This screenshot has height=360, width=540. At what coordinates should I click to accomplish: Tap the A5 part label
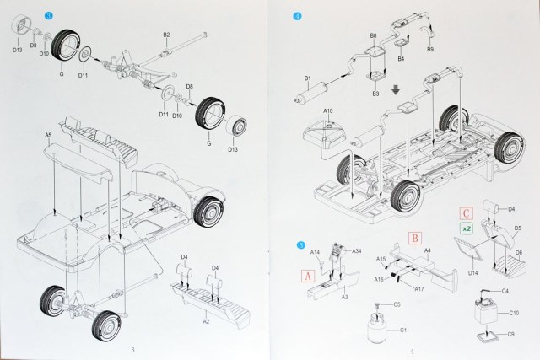click(x=48, y=135)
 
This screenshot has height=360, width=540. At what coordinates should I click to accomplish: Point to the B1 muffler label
click(x=309, y=80)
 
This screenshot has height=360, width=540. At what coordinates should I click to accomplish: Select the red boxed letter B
click(x=414, y=239)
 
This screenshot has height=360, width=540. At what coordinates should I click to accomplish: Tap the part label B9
click(x=430, y=51)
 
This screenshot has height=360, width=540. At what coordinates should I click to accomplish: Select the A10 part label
click(x=328, y=110)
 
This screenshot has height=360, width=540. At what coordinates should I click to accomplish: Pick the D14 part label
click(x=473, y=271)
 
